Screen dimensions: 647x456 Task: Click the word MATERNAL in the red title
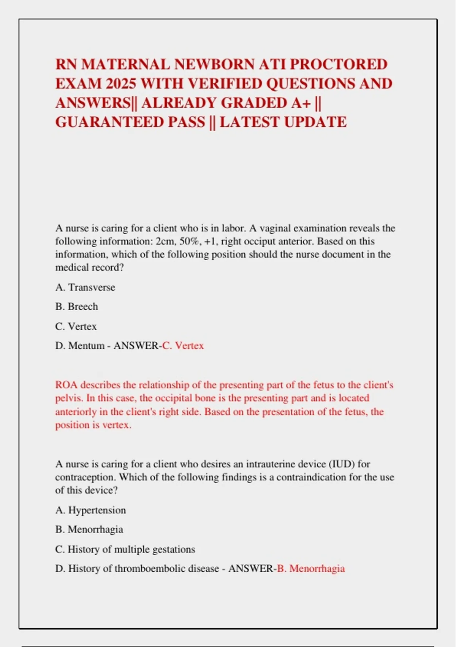125,64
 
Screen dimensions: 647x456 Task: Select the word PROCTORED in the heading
338,64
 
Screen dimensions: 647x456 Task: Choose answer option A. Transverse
85,287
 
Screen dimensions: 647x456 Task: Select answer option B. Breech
76,307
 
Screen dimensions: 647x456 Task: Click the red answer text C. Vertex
183,346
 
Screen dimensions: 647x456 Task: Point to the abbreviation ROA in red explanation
66,385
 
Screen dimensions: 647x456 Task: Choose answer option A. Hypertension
90,510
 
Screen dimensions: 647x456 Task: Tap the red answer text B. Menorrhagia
310,569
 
